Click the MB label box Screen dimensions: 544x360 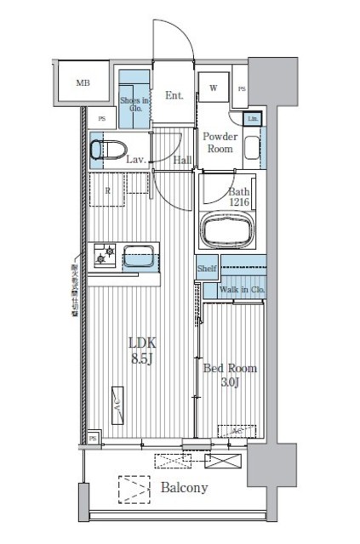pos(83,82)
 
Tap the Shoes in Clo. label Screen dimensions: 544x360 pos(134,105)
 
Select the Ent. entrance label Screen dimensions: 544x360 pos(174,95)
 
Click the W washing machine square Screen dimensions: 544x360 pos(213,88)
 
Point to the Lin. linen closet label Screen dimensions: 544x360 pos(252,118)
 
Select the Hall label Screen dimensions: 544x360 pos(182,159)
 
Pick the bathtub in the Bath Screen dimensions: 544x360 pos(228,230)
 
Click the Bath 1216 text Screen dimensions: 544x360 pos(239,198)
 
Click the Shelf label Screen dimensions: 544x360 pos(208,269)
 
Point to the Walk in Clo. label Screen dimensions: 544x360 pos(241,291)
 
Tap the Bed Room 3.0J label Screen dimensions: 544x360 pos(230,377)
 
